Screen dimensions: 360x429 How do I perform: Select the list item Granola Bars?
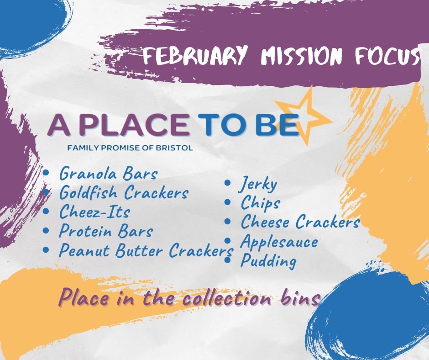108,174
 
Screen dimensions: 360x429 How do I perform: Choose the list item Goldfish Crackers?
124,193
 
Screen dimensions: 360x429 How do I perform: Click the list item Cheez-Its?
94,212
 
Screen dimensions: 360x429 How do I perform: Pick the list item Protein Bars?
105,231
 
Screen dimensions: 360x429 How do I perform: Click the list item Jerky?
258,185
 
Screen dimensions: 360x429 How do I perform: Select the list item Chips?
260,203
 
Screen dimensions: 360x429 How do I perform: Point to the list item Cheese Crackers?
300,222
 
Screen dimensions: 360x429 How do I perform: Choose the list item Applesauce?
279,242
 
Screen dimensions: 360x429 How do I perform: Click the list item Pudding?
268,261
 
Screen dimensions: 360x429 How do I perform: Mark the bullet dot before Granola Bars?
47,173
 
